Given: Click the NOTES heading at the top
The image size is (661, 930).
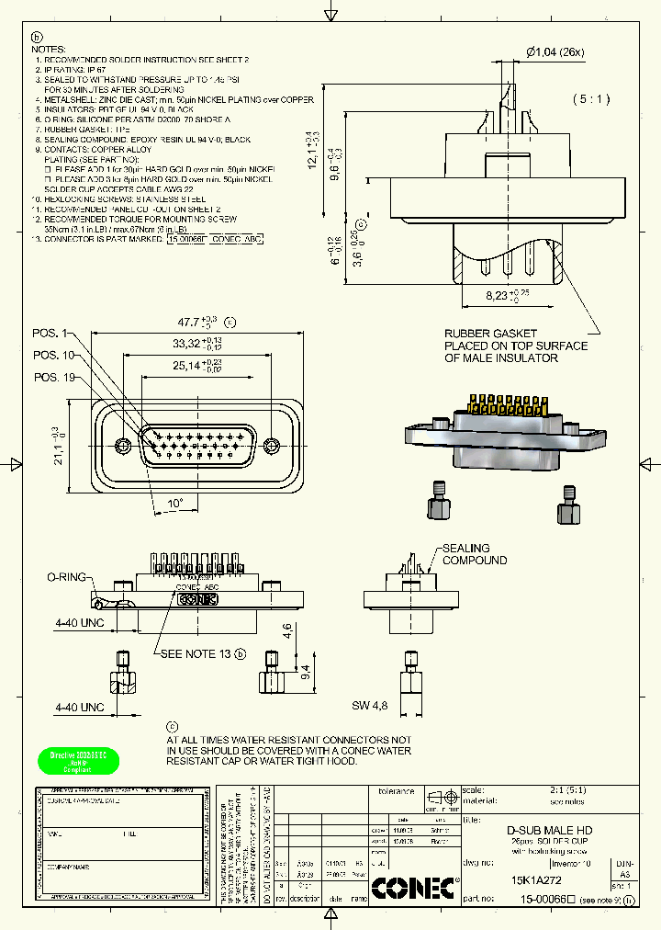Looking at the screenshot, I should tap(49, 48).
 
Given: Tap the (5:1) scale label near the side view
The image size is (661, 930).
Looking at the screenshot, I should tap(592, 98).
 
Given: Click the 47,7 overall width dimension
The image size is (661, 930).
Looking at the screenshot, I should tap(195, 323).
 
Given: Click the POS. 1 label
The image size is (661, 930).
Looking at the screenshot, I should tap(51, 333).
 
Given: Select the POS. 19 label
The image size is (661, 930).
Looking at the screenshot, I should tap(53, 377).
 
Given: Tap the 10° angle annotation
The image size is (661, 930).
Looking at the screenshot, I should tap(174, 504).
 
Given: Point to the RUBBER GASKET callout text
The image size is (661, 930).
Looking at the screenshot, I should tap(515, 346).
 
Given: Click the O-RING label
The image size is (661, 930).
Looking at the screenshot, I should tap(66, 577).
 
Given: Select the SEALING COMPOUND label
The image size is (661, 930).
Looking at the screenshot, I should tap(474, 554).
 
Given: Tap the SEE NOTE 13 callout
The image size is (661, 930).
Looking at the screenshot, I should tap(196, 653).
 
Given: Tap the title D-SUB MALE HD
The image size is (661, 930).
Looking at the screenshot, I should tap(550, 830).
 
